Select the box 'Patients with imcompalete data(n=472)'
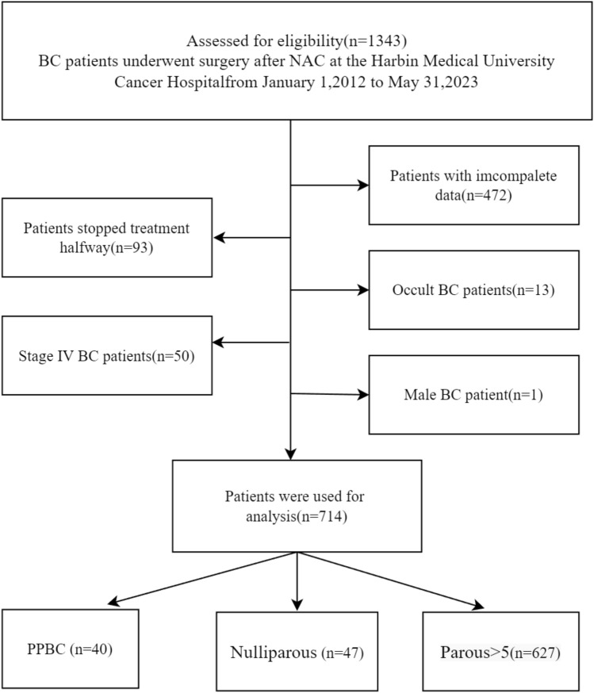[473, 185]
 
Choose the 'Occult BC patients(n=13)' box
[473, 289]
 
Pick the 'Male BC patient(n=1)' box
[473, 394]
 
